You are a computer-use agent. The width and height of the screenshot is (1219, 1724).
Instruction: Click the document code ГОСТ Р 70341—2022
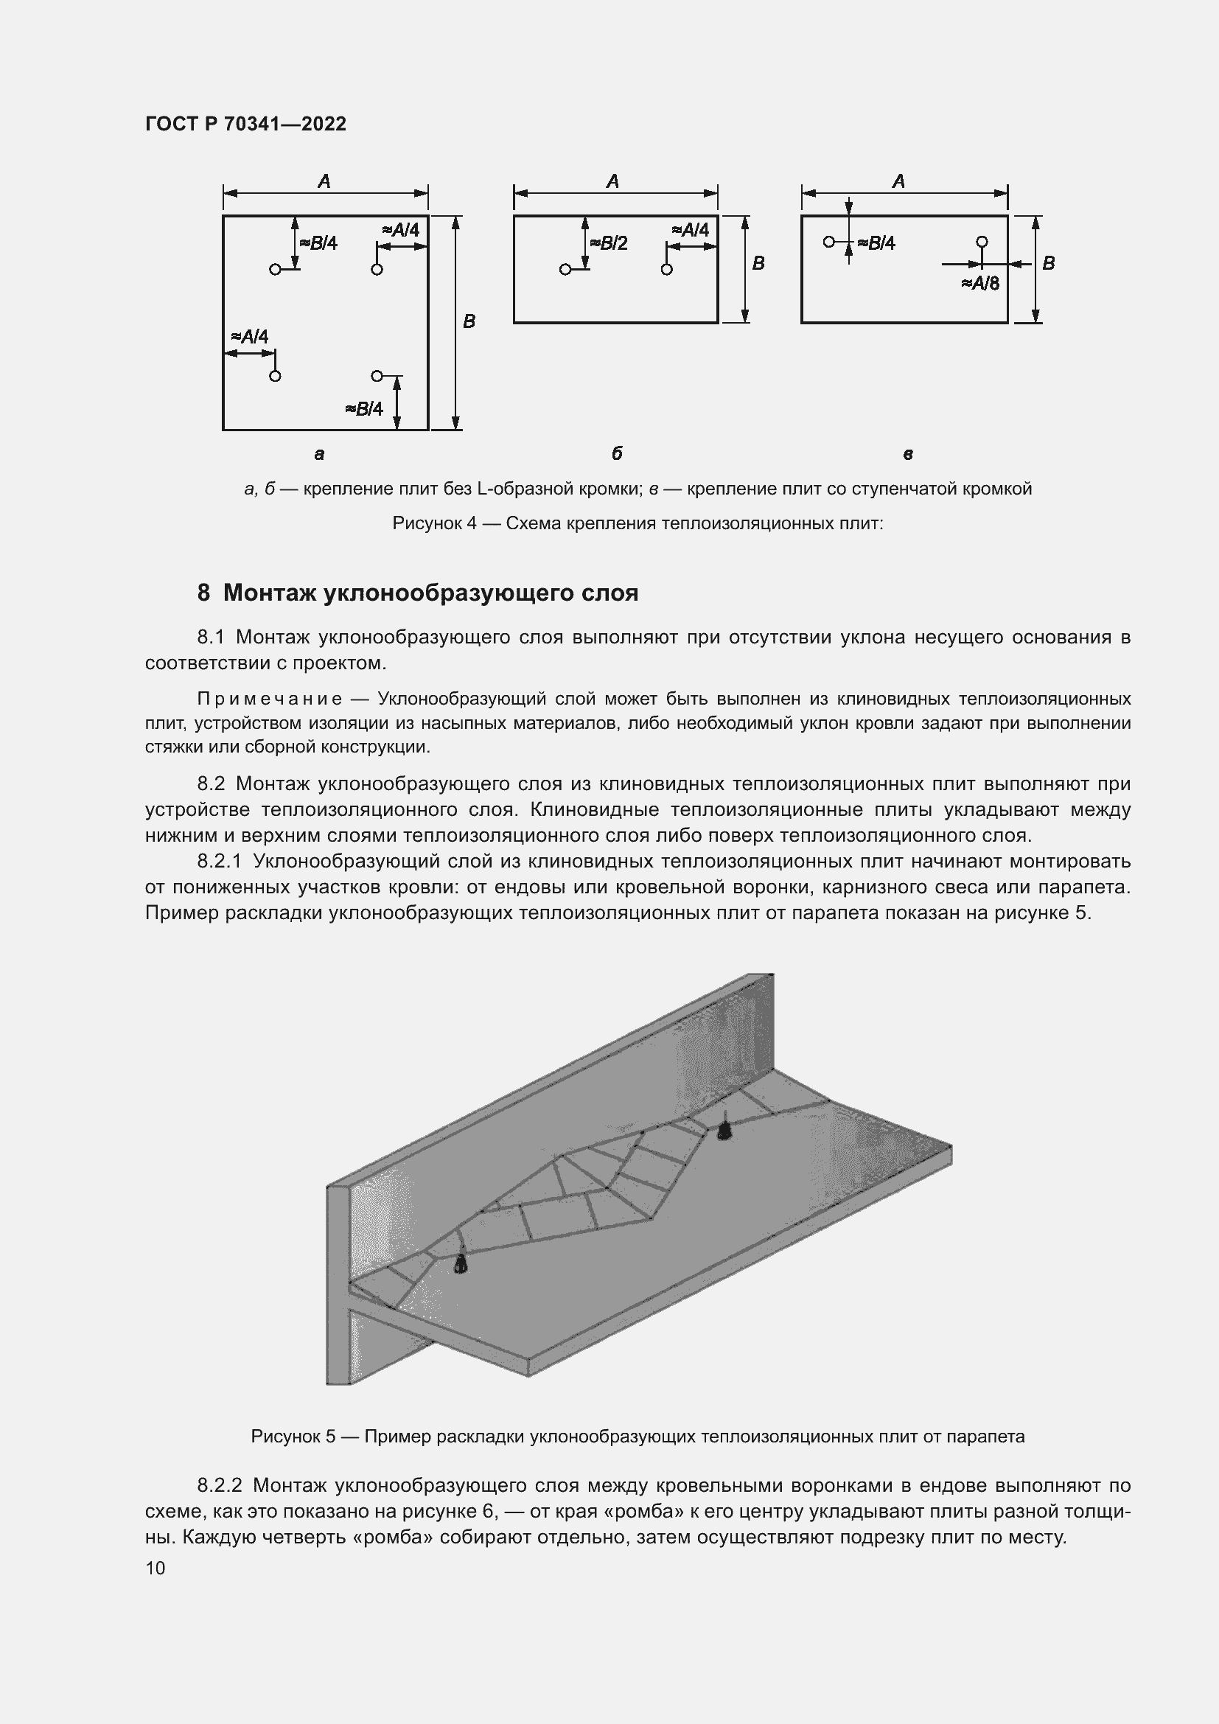pos(245,124)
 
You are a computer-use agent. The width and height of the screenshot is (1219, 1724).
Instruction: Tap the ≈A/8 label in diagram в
pos(979,283)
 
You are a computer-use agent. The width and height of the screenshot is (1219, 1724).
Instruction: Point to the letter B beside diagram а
pos(469,321)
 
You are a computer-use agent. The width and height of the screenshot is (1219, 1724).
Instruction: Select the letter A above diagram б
pos(612,181)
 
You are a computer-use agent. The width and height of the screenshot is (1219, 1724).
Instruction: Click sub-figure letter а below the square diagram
pos(319,453)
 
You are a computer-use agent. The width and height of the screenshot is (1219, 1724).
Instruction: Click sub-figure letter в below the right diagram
pos(907,453)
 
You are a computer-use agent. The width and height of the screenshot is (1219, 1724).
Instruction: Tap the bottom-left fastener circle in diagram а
pos(275,376)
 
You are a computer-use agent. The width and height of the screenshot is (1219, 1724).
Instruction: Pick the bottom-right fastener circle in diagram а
pos(377,375)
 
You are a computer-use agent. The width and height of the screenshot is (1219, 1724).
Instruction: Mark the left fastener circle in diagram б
pos(565,270)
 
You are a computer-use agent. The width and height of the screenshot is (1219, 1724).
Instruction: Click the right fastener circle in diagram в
pos(981,242)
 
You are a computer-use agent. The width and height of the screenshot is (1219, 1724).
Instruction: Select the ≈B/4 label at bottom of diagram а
pos(364,408)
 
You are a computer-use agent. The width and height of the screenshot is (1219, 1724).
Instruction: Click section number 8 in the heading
pos(203,593)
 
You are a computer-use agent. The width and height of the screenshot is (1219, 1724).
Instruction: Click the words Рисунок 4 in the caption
pos(434,523)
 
